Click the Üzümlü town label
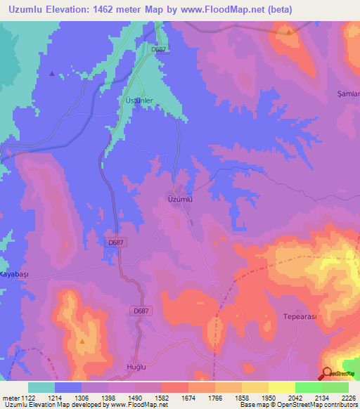[x=180, y=200]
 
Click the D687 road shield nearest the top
[x=159, y=49]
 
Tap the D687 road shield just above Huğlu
[x=141, y=310]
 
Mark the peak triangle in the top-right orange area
[x=289, y=32]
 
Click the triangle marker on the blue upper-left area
[x=52, y=73]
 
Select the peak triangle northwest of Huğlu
[x=82, y=341]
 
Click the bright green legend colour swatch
[x=308, y=387]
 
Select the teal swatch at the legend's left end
[x=41, y=387]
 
